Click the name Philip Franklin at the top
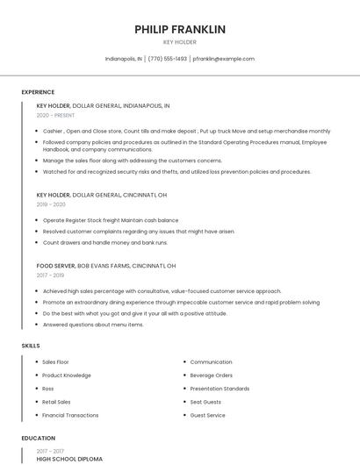coord(180,29)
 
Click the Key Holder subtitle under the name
coord(180,42)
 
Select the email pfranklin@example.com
coord(223,59)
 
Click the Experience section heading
coord(38,92)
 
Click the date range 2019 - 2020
coord(51,204)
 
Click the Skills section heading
coord(31,346)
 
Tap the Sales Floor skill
coord(55,361)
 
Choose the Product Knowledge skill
coord(66,375)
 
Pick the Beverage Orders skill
coord(211,375)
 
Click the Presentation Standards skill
coord(220,388)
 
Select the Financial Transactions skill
coord(70,415)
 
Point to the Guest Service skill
coord(208,415)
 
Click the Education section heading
coord(38,438)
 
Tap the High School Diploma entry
coord(69,459)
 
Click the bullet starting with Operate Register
coord(111,220)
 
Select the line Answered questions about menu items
coord(93,325)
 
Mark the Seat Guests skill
coord(206,402)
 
